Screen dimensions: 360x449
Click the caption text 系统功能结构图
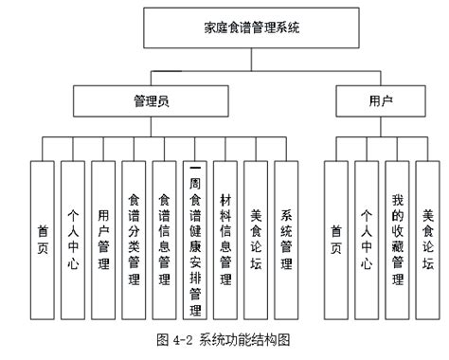pyautogui.click(x=251, y=338)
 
